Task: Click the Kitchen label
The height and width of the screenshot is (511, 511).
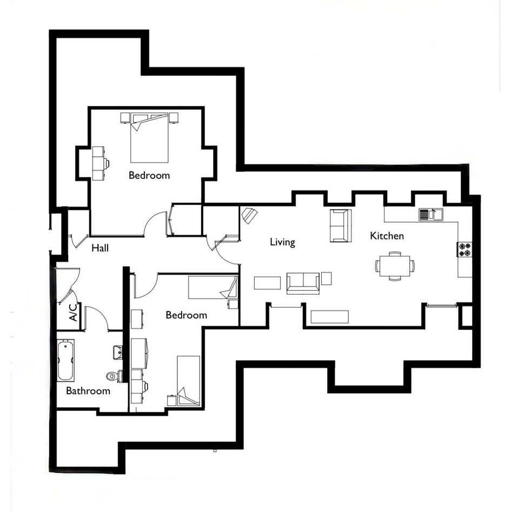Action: pyautogui.click(x=387, y=236)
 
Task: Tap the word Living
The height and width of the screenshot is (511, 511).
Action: pyautogui.click(x=283, y=242)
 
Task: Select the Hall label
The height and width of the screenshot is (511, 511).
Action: pyautogui.click(x=99, y=248)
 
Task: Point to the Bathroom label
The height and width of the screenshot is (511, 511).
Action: pyautogui.click(x=88, y=391)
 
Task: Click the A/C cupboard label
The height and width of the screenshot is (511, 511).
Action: pyautogui.click(x=74, y=312)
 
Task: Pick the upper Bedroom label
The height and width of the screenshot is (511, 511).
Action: pyautogui.click(x=149, y=175)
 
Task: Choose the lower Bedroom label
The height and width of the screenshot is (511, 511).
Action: pyautogui.click(x=187, y=315)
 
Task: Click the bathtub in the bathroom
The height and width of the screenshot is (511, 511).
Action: pyautogui.click(x=65, y=360)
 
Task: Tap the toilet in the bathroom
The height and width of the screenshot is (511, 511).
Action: pyautogui.click(x=114, y=376)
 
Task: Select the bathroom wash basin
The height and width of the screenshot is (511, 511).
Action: pyautogui.click(x=118, y=353)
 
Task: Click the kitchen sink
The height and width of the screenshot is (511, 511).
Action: pyautogui.click(x=431, y=215)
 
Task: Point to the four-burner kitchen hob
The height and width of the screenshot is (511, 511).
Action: pyautogui.click(x=464, y=250)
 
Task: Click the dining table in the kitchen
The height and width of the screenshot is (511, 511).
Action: pyautogui.click(x=395, y=266)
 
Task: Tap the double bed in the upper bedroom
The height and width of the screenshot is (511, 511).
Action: pyautogui.click(x=149, y=137)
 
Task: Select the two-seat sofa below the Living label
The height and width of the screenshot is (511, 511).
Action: pyautogui.click(x=303, y=283)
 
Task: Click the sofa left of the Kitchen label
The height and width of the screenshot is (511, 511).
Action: pyautogui.click(x=341, y=225)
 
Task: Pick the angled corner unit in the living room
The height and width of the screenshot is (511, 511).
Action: pyautogui.click(x=249, y=215)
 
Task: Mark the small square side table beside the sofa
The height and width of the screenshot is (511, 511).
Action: pyautogui.click(x=326, y=278)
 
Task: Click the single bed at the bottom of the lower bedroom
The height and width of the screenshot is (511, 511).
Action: pyautogui.click(x=188, y=381)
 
